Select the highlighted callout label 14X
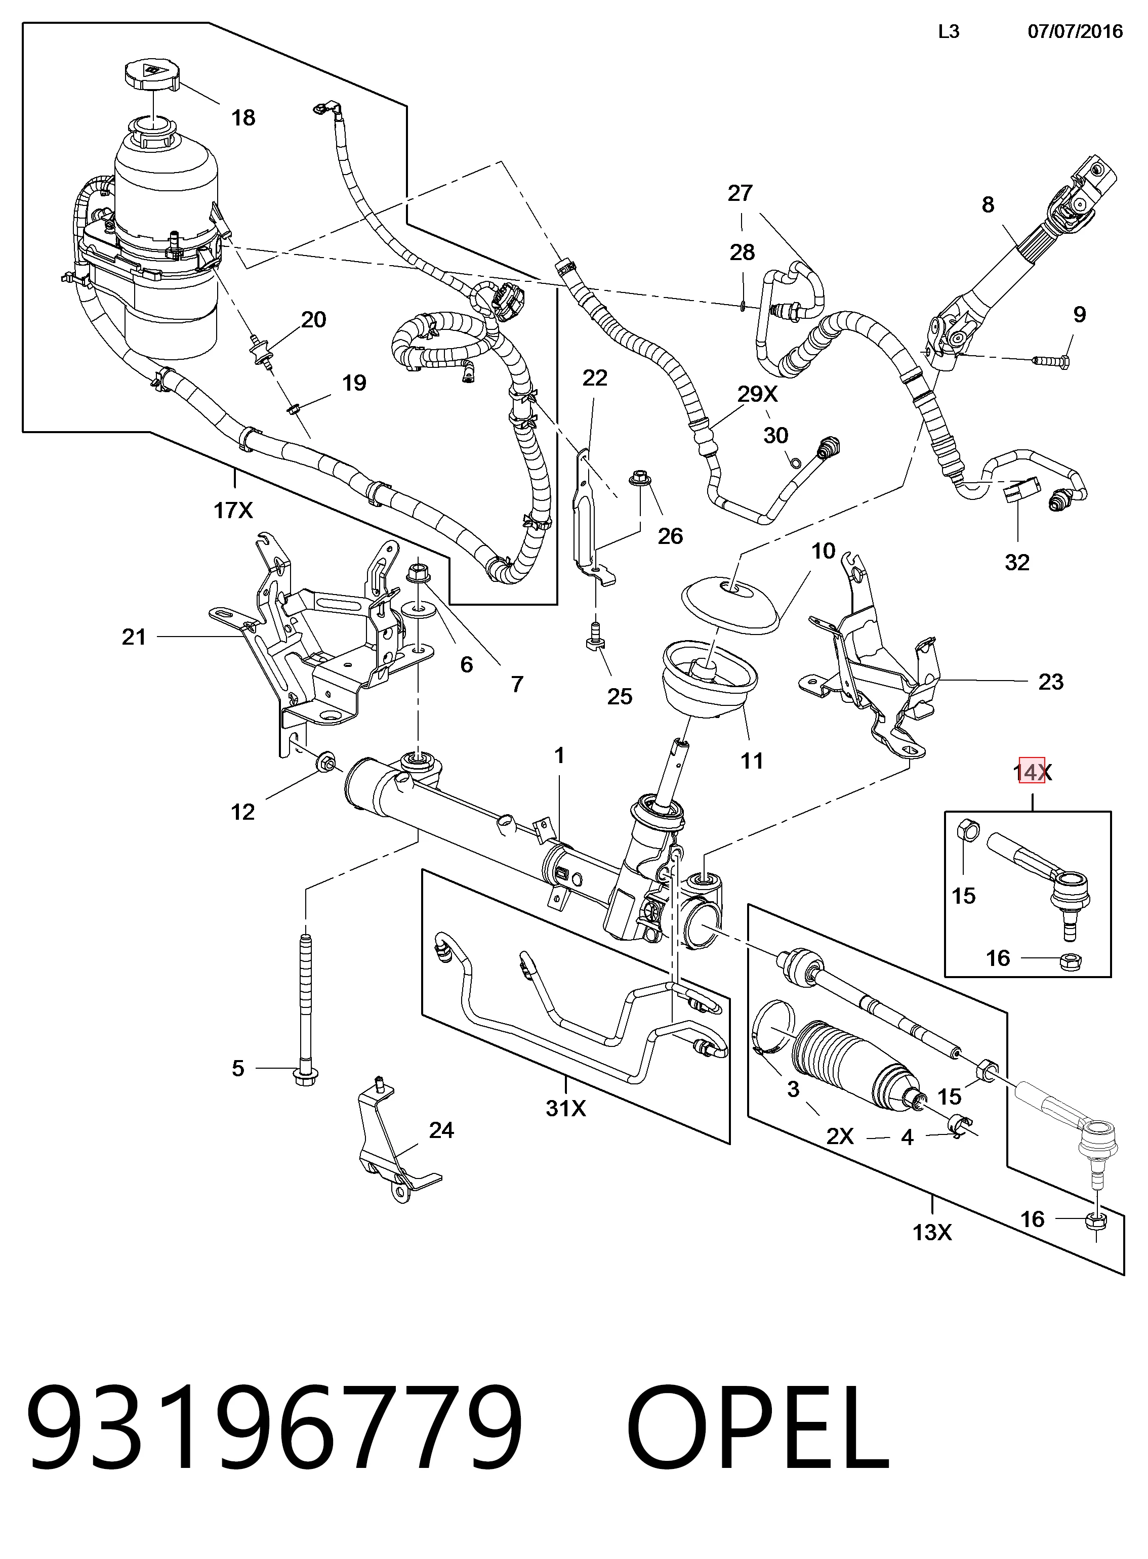pyautogui.click(x=1032, y=771)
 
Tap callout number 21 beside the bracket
pyautogui.click(x=134, y=637)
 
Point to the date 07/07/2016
pyautogui.click(x=1075, y=31)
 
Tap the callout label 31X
pyautogui.click(x=566, y=1108)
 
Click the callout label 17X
pyautogui.click(x=233, y=511)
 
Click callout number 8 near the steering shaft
pyautogui.click(x=988, y=205)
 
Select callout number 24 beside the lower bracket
pyautogui.click(x=441, y=1130)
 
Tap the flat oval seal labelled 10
pyautogui.click(x=730, y=608)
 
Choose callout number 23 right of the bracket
pyautogui.click(x=1051, y=682)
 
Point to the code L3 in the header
pyautogui.click(x=949, y=31)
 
